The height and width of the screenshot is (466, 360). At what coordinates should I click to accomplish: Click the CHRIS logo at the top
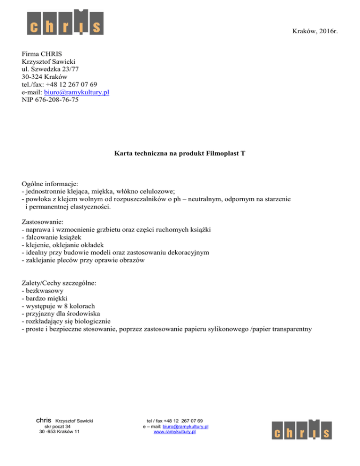coord(64,22)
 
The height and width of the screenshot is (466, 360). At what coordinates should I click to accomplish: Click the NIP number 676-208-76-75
coord(50,100)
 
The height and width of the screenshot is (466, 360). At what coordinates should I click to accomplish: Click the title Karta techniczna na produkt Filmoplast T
coord(180,153)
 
